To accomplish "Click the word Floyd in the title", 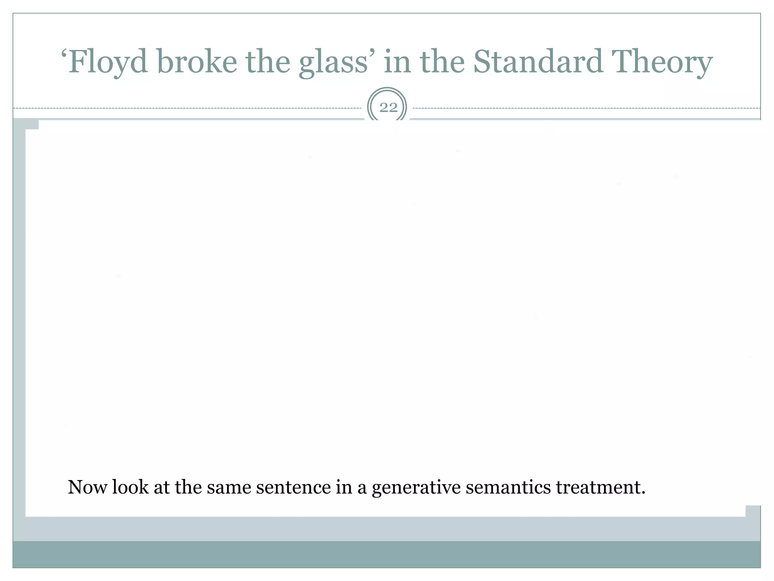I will (108, 62).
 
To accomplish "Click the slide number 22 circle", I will (388, 107).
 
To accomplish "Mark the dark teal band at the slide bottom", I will (387, 555).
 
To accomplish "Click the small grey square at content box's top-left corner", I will (32, 124).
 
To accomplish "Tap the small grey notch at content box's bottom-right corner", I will (752, 511).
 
